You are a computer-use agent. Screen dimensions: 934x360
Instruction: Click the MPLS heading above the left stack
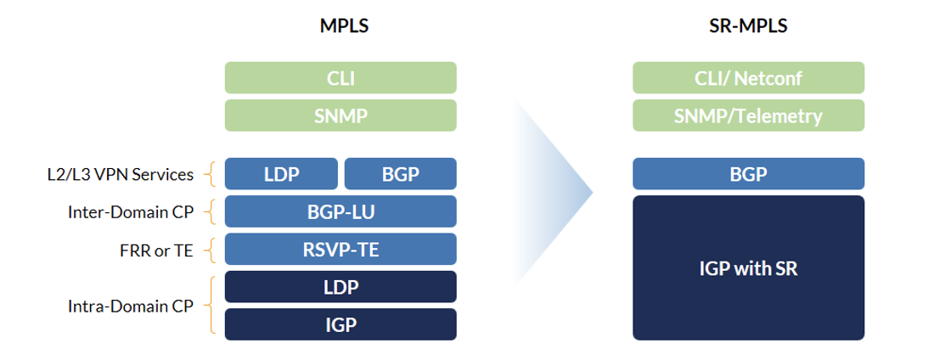tap(344, 26)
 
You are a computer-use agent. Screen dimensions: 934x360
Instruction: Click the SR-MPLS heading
tap(749, 26)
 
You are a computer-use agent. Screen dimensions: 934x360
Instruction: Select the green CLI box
tap(340, 77)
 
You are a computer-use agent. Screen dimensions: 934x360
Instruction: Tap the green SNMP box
tap(340, 115)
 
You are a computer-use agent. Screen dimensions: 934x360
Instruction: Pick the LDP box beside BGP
tap(281, 173)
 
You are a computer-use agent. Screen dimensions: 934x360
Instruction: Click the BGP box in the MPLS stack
tap(400, 173)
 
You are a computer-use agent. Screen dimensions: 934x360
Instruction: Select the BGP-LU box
tap(340, 211)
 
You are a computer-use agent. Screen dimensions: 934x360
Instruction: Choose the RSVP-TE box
tap(340, 249)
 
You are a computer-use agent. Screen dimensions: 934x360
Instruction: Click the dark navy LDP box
tap(340, 287)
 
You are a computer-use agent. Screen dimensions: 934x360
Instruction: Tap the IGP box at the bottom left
tap(340, 324)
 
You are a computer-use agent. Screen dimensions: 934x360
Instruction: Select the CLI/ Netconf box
tap(748, 77)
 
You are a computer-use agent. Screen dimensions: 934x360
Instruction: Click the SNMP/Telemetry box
tap(748, 115)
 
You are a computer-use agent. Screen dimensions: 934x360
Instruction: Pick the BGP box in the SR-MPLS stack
tap(748, 173)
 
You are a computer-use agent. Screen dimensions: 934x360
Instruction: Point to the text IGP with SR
tap(748, 268)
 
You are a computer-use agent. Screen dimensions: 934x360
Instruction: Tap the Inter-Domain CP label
tap(131, 211)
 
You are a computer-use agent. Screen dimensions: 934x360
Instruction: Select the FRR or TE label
tap(156, 250)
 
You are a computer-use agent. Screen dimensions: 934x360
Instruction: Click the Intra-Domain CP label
tap(131, 306)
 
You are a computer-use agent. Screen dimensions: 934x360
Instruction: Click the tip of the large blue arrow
tap(594, 193)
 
